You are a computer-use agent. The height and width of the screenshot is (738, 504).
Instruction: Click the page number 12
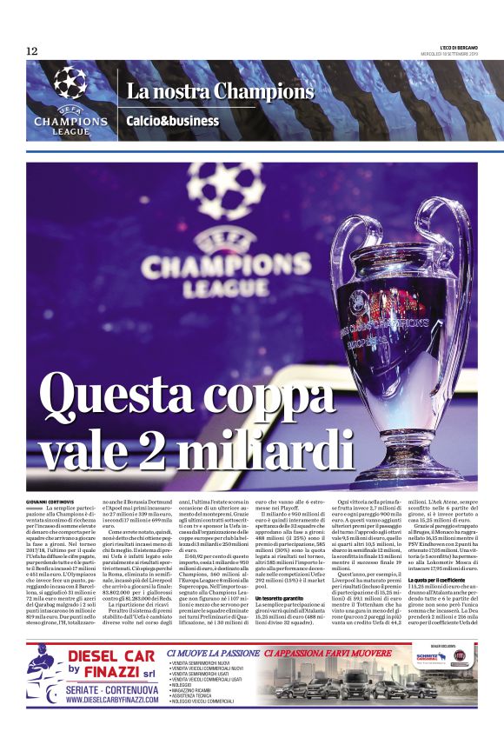click(32, 50)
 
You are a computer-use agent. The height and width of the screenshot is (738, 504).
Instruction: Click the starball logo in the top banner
click(70, 83)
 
